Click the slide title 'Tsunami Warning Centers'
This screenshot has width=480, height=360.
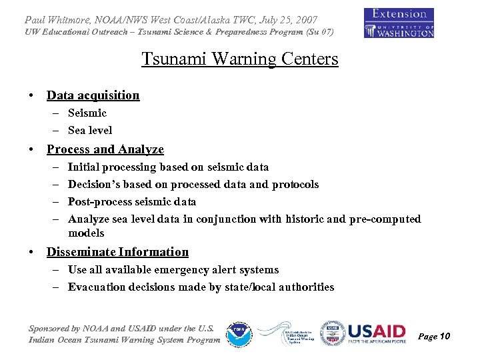pos(240,59)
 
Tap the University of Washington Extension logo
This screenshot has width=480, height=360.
pos(399,23)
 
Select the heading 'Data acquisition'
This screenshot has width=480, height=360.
pos(93,95)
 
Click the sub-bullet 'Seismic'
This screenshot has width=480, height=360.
pos(87,113)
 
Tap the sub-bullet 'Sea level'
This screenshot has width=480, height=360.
pos(90,131)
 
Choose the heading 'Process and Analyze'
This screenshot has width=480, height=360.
pos(105,150)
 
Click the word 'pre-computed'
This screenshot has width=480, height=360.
pos(385,219)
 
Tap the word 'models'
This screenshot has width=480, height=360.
pos(86,233)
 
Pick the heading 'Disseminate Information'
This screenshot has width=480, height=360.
pos(117,252)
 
